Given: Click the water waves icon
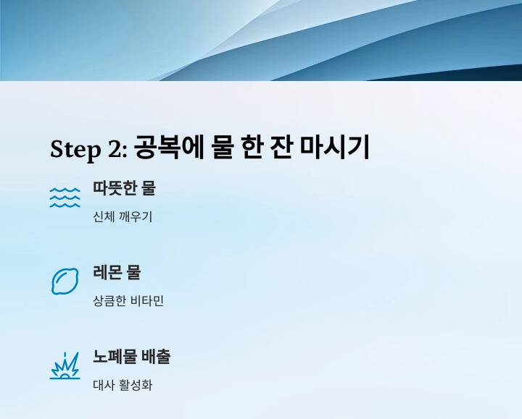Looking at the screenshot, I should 65,197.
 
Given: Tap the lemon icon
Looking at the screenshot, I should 65,281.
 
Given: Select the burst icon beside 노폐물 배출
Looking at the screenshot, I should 65,365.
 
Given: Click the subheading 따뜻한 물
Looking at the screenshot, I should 124,188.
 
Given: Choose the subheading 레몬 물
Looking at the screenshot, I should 117,272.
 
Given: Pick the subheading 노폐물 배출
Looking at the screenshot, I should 131,357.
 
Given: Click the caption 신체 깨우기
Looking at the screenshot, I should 123,216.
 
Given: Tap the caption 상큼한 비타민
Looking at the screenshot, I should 128,300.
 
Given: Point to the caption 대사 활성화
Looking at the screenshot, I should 123,384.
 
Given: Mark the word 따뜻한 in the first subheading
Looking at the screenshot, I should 115,188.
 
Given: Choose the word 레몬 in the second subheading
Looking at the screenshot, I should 107,272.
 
